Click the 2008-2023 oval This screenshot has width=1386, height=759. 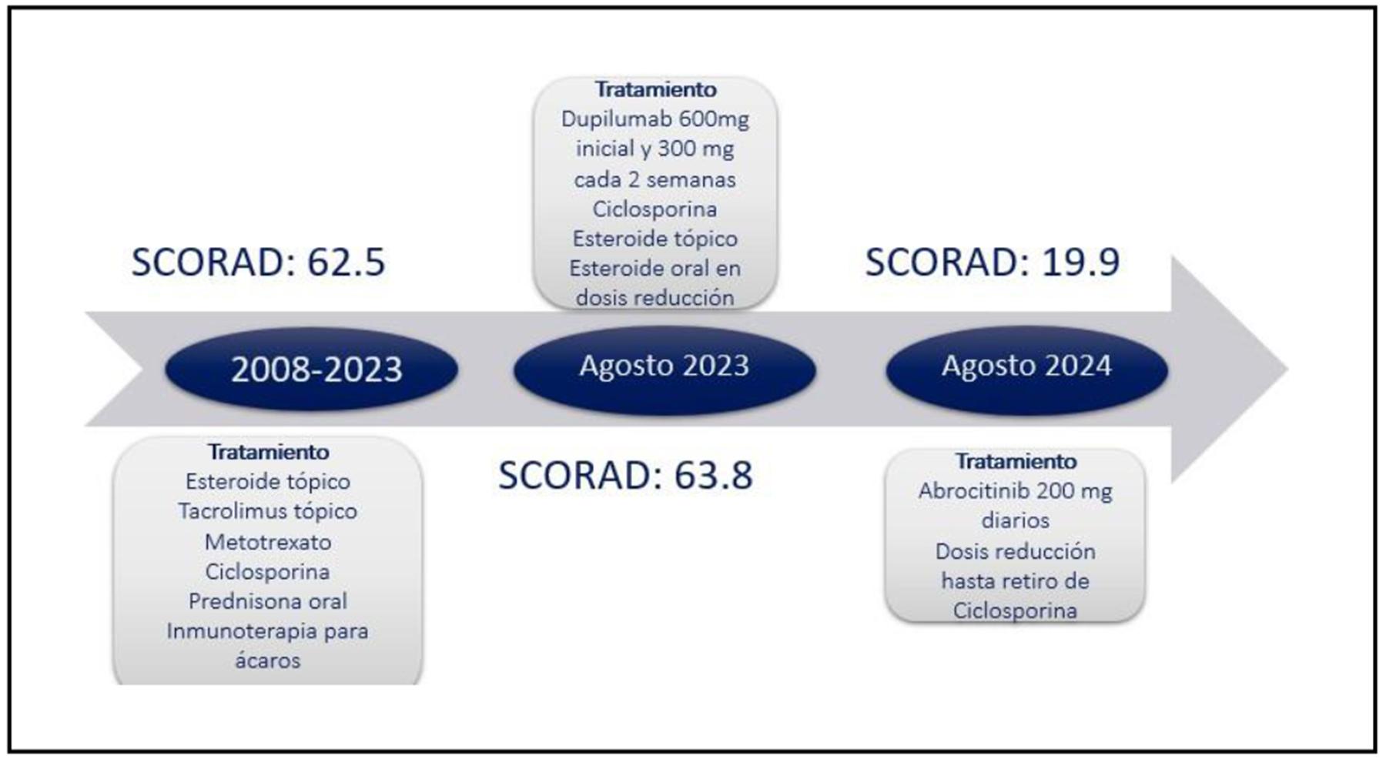point(312,369)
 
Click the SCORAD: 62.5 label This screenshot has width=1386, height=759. point(258,262)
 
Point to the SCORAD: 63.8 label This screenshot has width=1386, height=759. point(625,475)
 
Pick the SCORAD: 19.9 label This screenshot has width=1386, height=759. point(993,262)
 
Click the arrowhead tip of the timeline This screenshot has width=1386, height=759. point(1287,369)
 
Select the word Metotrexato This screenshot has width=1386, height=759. point(268,542)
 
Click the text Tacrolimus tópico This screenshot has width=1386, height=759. point(268,512)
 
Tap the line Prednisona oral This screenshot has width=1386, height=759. point(268,601)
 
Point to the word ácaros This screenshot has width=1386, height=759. point(268,660)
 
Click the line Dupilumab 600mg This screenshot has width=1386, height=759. point(655,120)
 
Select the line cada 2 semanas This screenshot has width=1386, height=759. point(655,180)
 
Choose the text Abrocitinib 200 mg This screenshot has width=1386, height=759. point(1016,492)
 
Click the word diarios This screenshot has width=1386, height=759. point(1016,520)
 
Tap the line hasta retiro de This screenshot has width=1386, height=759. point(1016,580)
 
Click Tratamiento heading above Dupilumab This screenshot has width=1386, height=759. point(655,89)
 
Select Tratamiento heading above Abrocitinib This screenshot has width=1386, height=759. point(1016,461)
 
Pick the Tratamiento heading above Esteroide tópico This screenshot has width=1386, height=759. point(268,451)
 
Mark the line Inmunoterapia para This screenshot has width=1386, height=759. point(268,631)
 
